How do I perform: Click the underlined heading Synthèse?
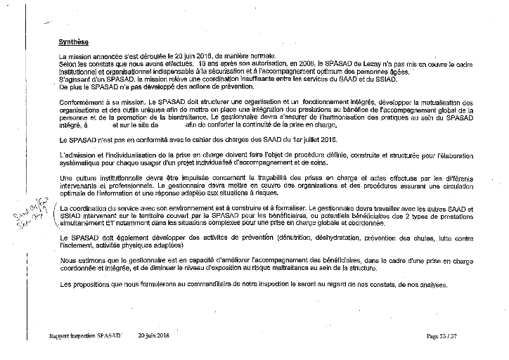74,41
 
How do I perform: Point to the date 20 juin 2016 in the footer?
154,337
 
